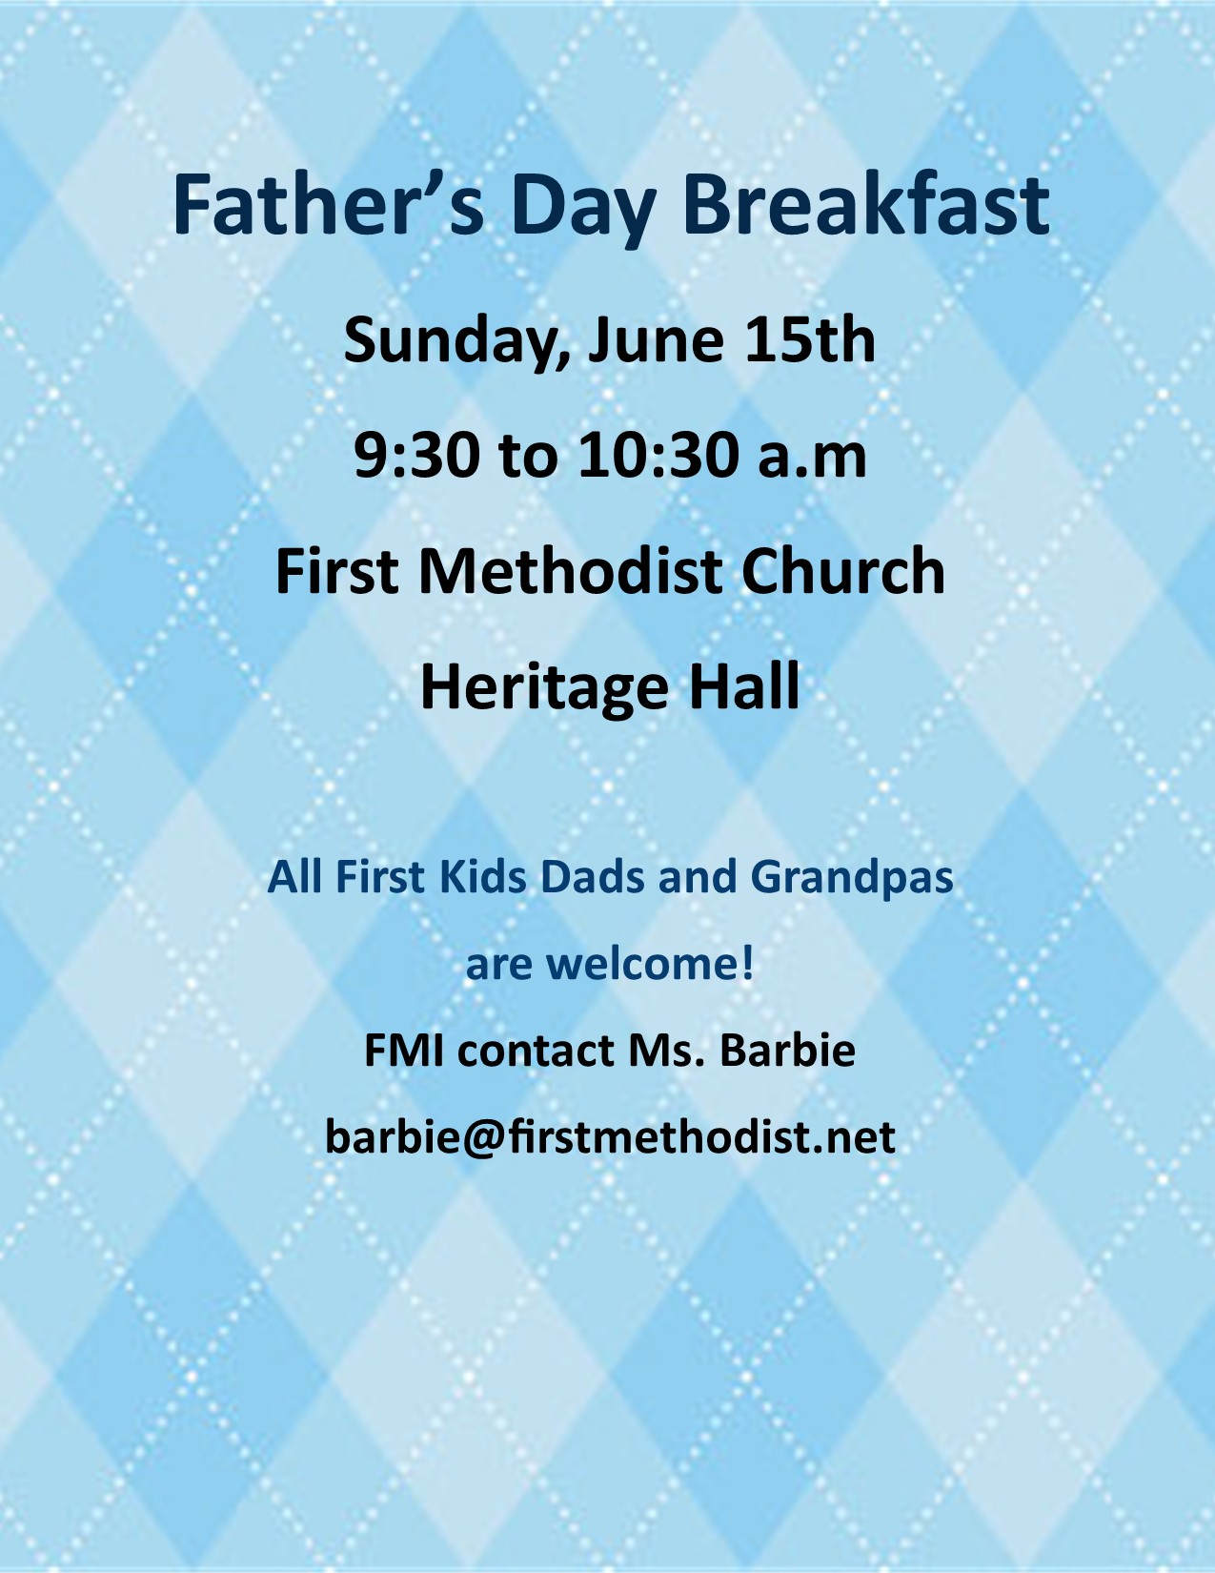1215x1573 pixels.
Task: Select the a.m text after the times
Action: (812, 461)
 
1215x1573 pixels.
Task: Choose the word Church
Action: (844, 571)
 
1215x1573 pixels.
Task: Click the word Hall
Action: (744, 685)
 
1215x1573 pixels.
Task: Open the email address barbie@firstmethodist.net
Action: (610, 1137)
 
